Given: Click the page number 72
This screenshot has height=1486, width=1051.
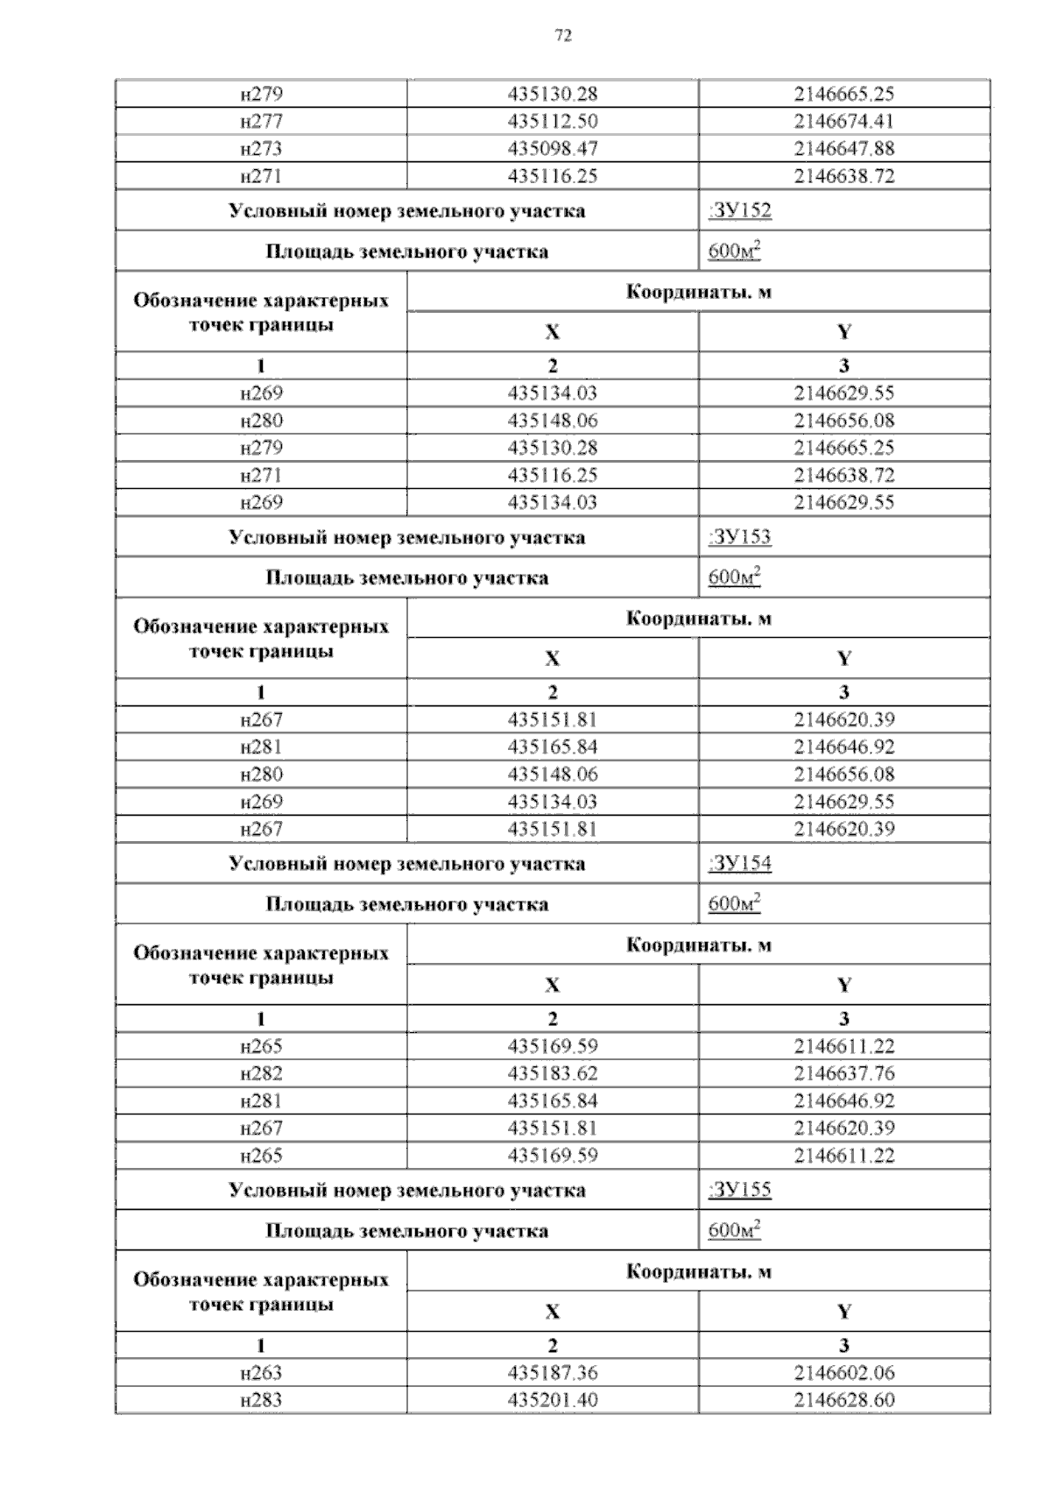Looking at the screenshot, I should coord(563,35).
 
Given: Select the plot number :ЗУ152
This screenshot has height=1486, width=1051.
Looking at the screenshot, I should coord(739,210).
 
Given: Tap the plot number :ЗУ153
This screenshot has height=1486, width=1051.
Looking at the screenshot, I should coord(739,536).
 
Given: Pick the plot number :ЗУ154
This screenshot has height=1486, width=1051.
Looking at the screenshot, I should coord(739,863).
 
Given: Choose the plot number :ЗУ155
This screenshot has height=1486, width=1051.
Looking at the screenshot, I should coord(739,1189).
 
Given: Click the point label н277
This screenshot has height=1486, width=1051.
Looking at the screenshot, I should coord(261,121).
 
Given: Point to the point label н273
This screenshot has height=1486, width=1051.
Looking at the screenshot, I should coord(261,148).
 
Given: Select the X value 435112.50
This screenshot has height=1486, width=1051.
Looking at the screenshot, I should coord(553,121).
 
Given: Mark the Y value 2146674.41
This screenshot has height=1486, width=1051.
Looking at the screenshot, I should coord(843,121).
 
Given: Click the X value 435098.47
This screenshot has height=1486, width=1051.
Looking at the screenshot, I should coord(553,148).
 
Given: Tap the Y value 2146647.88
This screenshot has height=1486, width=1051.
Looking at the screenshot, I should coord(843,148).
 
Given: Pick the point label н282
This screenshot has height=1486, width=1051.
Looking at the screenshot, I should coord(261,1073).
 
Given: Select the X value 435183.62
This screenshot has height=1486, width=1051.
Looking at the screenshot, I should coord(553,1073).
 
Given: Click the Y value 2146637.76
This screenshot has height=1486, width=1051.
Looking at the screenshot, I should coord(843,1073).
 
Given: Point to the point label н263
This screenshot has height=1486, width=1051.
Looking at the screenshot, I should coord(261,1372).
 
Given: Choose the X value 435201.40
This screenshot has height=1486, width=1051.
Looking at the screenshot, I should coord(553,1399).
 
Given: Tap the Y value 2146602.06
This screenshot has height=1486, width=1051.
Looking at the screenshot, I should coord(843,1372).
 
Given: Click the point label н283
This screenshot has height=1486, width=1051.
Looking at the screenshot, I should coord(261,1399).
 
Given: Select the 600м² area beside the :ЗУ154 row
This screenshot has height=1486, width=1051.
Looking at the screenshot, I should coord(734,903).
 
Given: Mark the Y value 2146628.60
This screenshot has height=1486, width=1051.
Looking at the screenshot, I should coord(843,1399).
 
